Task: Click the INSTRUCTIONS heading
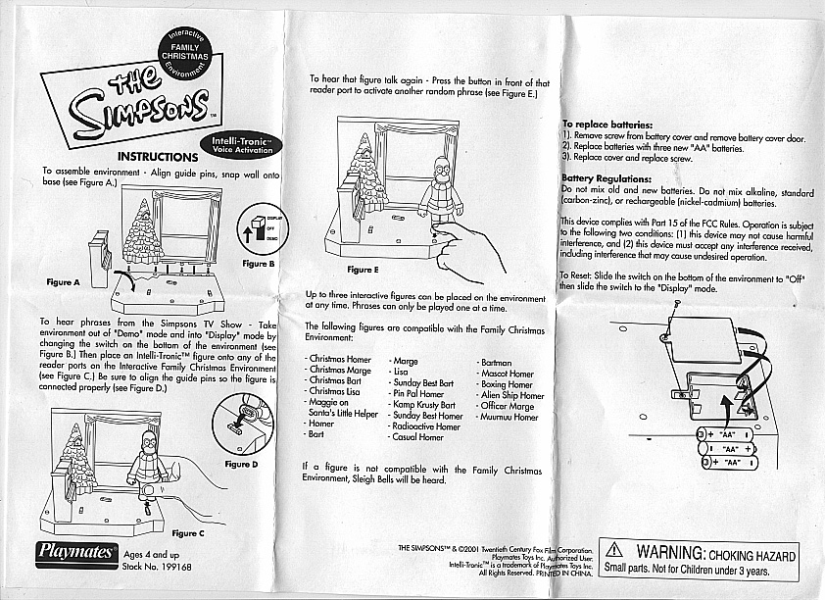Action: coord(158,157)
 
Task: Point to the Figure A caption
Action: coord(63,281)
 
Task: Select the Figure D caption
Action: coord(242,463)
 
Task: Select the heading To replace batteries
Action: coord(607,125)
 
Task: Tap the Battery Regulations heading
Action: coord(606,178)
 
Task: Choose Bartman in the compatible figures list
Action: coord(494,362)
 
